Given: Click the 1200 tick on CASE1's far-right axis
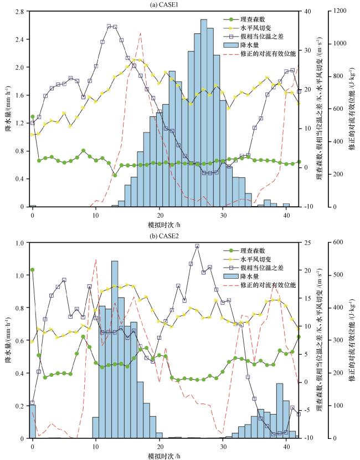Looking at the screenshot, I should click(336, 11).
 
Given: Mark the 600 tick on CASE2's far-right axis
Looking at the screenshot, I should click(334, 242).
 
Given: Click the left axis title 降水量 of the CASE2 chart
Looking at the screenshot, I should click(8, 340).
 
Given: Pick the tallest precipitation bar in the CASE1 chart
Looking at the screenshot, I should click(203, 111).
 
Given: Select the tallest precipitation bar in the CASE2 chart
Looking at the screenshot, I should click(115, 349).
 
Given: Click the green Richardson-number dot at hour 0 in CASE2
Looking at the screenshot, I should click(33, 270).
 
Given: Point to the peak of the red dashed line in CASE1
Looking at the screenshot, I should click(141, 33).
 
